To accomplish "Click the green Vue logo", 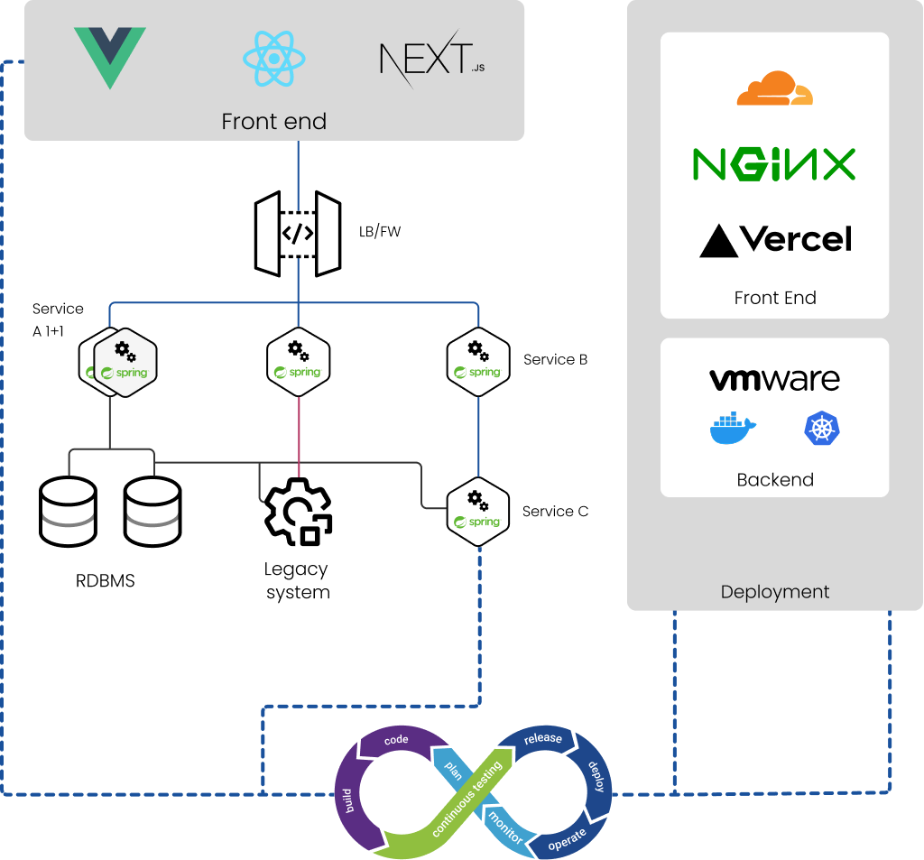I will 109,57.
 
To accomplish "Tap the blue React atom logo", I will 274,59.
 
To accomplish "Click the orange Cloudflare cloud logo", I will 774,88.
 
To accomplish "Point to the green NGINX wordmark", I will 773,164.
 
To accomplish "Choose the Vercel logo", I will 775,240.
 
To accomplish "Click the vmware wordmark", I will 774,379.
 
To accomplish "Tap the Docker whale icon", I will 733,429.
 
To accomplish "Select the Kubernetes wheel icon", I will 822,429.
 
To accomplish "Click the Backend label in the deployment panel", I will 775,479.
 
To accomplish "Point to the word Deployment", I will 774,592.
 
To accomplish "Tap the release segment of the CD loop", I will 543,739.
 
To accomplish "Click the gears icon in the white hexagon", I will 125,350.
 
